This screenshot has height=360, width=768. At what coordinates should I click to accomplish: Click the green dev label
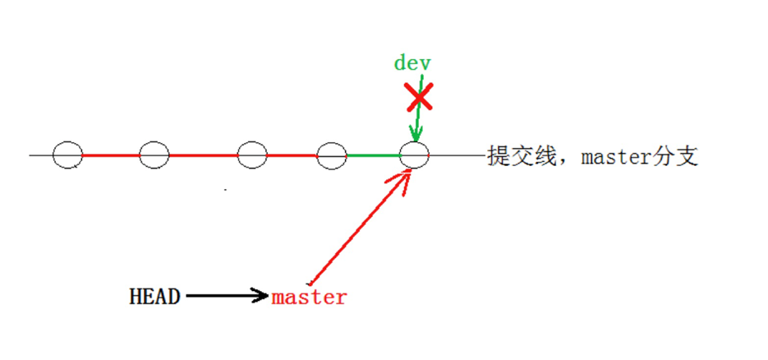pyautogui.click(x=412, y=63)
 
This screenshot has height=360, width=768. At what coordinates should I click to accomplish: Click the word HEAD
pyautogui.click(x=154, y=297)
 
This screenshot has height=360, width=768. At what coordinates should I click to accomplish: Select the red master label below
pyautogui.click(x=309, y=298)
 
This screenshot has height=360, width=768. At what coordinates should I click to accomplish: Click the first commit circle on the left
pyautogui.click(x=67, y=155)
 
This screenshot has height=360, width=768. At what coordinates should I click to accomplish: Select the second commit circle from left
pyautogui.click(x=154, y=155)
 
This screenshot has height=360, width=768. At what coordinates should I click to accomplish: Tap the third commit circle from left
pyautogui.click(x=252, y=155)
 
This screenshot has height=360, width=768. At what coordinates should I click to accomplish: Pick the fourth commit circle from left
pyautogui.click(x=332, y=155)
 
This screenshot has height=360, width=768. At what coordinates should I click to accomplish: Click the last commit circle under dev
pyautogui.click(x=414, y=155)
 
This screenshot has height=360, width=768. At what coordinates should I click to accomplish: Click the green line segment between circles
pyautogui.click(x=373, y=155)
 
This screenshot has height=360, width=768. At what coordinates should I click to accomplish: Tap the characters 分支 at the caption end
pyautogui.click(x=678, y=156)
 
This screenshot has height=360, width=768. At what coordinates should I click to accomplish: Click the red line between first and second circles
pyautogui.click(x=111, y=155)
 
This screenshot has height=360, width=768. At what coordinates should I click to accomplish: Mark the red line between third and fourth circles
pyautogui.click(x=292, y=155)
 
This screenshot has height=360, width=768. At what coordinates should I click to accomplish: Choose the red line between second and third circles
pyautogui.click(x=203, y=155)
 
